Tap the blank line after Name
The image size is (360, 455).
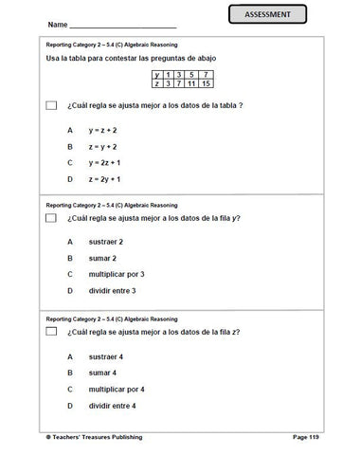pos(123,24)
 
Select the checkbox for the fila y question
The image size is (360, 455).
pos(51,218)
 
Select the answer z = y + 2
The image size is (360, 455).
pos(102,146)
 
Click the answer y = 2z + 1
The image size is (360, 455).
pos(104,163)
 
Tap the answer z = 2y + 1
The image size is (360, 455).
pos(104,180)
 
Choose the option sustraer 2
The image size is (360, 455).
pos(106,241)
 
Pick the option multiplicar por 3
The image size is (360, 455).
pos(116,274)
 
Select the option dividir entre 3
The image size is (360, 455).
pos(113,290)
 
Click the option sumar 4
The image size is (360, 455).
pos(101,373)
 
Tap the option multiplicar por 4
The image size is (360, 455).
pos(116,389)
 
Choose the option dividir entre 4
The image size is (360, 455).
pos(113,406)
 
